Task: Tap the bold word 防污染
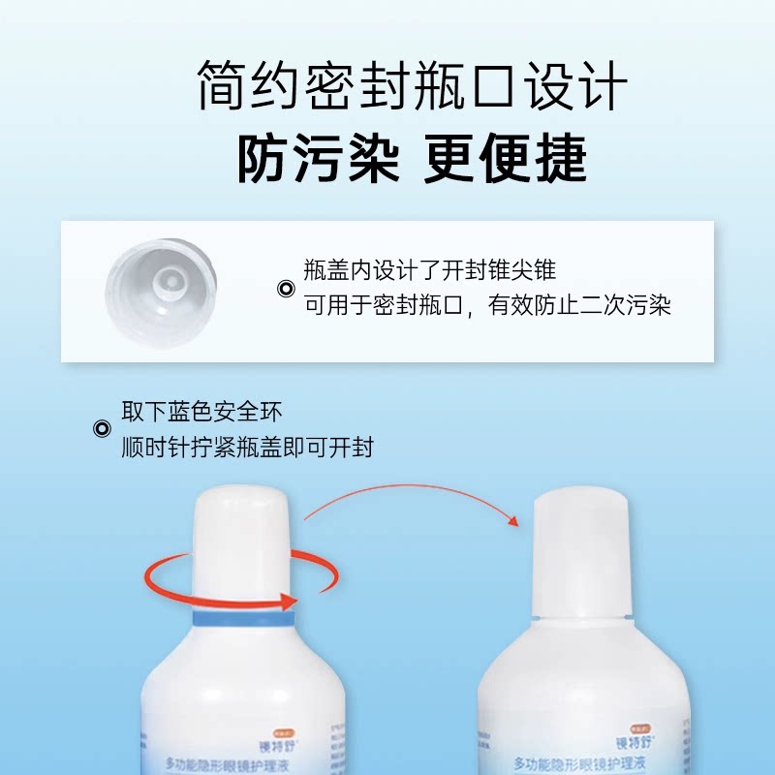(318, 160)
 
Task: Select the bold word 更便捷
(506, 160)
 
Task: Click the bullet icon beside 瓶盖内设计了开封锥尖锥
(285, 288)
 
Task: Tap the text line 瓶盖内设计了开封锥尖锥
(430, 270)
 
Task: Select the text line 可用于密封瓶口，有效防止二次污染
(487, 306)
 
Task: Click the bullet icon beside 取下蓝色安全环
(100, 429)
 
